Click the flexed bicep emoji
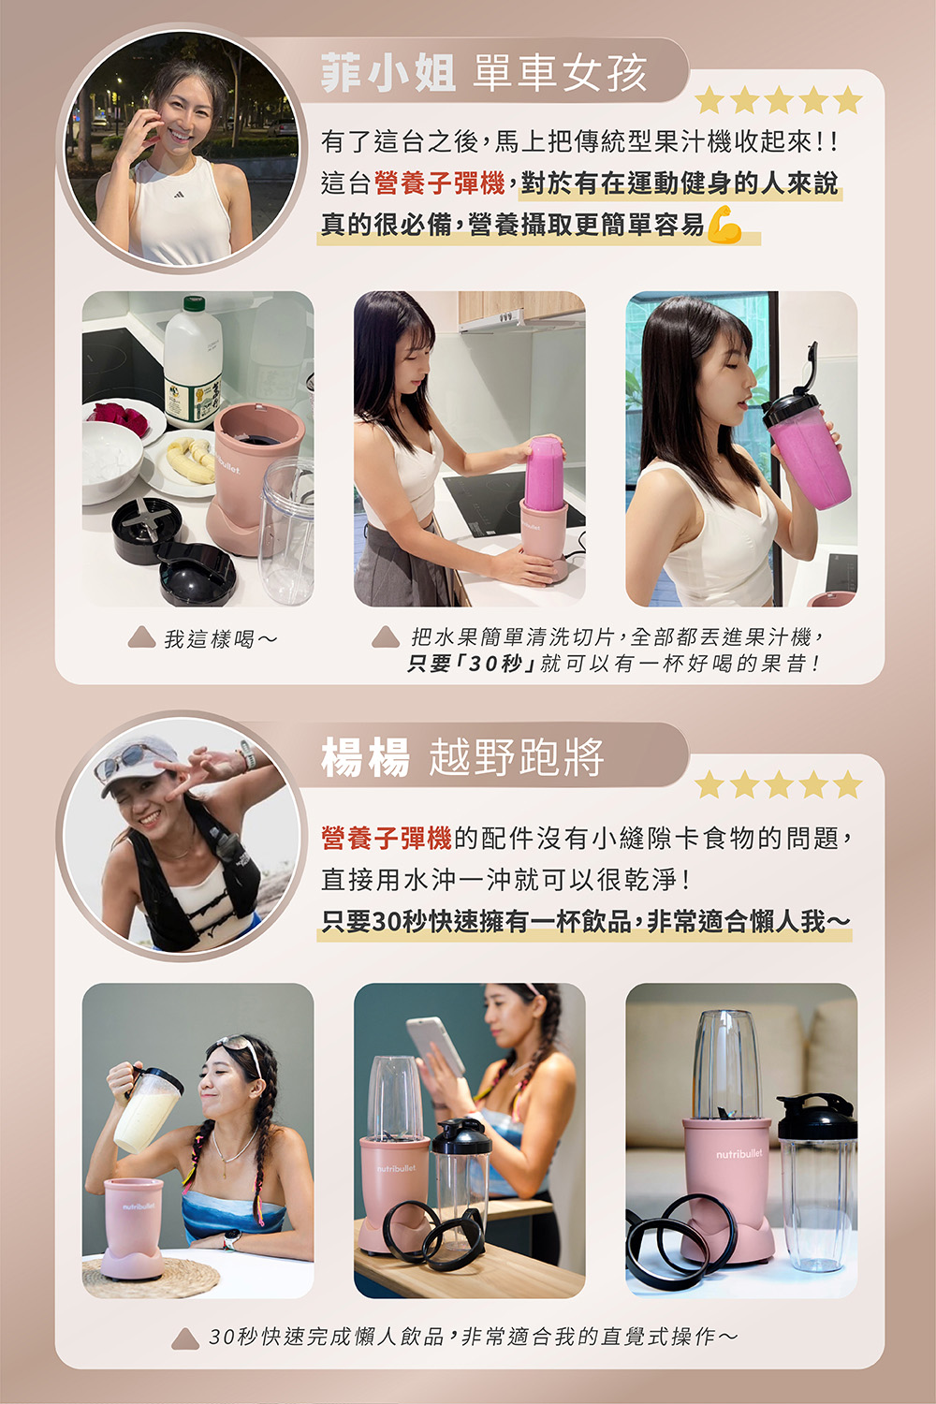(x=724, y=225)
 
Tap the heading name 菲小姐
(x=388, y=73)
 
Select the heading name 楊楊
(x=365, y=756)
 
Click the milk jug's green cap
(x=194, y=303)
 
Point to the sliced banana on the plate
(x=190, y=461)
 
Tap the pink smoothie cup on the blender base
(x=544, y=474)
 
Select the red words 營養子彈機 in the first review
(x=440, y=183)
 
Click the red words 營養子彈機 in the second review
(x=387, y=838)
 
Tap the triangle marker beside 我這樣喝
(x=141, y=636)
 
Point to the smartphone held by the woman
(x=436, y=1046)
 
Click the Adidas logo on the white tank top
(x=179, y=195)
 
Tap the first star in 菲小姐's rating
(x=710, y=99)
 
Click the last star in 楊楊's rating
(x=848, y=783)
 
